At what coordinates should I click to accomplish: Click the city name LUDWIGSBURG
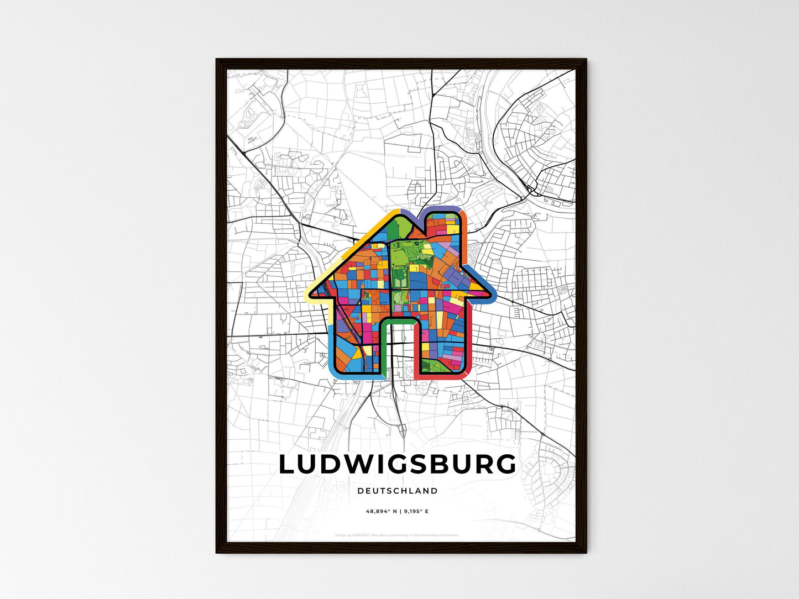[x=397, y=464]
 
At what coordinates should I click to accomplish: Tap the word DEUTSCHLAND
[x=397, y=491]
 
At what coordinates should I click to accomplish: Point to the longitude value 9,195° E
[x=416, y=512]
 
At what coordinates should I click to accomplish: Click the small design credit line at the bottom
[x=397, y=535]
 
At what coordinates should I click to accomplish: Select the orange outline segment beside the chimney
[x=464, y=232]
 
